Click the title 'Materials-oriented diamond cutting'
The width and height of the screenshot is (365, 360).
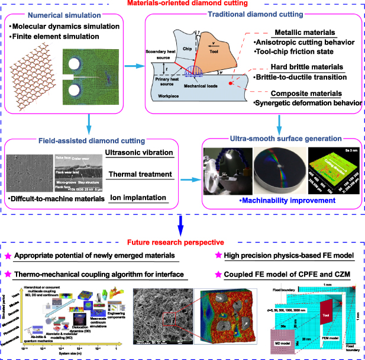click(183, 5)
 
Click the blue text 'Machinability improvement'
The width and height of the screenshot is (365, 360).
click(283, 201)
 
